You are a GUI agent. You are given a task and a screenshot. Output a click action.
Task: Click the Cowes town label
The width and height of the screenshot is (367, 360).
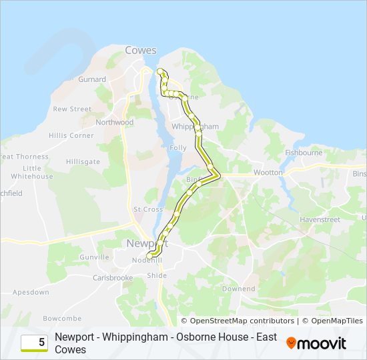click(140, 51)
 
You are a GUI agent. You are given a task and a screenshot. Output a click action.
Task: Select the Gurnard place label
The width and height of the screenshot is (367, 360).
click(92, 79)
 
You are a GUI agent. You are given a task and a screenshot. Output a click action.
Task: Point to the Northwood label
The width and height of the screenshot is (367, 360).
click(114, 123)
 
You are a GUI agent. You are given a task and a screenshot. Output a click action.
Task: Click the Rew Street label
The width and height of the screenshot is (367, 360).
click(72, 109)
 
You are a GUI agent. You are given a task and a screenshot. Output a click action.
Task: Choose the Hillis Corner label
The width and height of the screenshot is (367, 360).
click(71, 135)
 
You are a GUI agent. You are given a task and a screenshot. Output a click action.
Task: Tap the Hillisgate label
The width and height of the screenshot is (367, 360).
click(83, 161)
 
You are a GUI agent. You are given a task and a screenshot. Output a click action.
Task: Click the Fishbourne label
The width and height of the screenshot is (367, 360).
click(304, 153)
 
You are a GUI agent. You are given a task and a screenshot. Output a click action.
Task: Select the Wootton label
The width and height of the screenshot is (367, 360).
click(268, 172)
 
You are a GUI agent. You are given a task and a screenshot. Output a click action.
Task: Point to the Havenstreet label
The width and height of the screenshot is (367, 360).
click(320, 219)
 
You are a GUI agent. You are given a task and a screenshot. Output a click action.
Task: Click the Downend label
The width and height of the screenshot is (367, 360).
click(238, 289)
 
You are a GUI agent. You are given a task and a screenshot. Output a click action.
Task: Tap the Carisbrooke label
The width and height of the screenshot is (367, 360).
click(112, 277)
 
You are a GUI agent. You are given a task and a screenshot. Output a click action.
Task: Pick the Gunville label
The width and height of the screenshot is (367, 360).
click(94, 257)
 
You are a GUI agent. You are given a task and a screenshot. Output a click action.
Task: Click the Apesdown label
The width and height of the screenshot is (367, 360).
click(31, 292)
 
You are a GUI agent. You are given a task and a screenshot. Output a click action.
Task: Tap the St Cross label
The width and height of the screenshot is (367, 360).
click(148, 209)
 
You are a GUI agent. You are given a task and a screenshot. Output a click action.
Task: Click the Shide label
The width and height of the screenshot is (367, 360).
click(157, 275)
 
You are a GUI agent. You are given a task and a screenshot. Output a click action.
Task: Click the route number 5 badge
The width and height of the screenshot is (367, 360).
click(34, 343)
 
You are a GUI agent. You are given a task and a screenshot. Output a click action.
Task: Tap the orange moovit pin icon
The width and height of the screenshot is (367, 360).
click(291, 343)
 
